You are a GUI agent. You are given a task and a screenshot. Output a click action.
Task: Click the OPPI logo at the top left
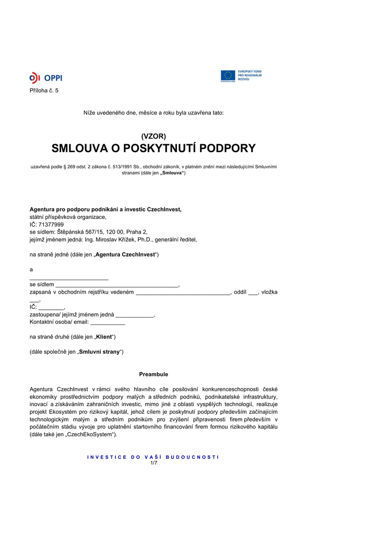45,78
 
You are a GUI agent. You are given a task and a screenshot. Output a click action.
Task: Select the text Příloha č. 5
44,90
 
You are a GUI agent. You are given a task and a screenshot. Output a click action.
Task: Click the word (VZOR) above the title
153,136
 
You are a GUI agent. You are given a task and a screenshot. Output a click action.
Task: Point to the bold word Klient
104,337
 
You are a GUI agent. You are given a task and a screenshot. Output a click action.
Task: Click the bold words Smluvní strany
99,352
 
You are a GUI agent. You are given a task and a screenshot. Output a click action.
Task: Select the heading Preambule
153,374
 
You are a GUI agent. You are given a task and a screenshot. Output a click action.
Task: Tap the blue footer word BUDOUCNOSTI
192,457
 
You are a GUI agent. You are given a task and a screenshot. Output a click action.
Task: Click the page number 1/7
153,462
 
